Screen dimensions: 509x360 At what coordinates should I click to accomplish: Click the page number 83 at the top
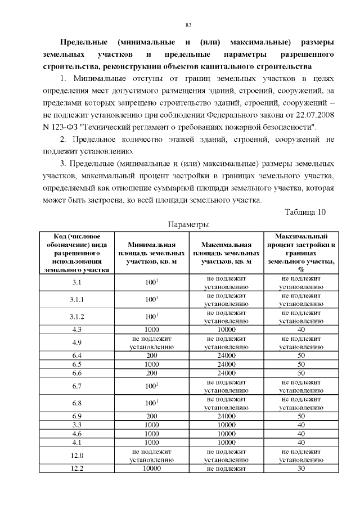tap(188, 24)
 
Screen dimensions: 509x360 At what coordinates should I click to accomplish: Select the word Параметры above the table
tap(189, 224)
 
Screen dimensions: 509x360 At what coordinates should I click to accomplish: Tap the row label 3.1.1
tap(77, 299)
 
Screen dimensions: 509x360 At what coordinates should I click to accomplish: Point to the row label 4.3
tap(77, 329)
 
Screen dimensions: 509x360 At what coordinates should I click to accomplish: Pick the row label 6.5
tap(77, 364)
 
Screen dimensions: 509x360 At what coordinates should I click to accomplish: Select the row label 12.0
tap(77, 455)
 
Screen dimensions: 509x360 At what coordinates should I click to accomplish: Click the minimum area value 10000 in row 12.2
tap(151, 469)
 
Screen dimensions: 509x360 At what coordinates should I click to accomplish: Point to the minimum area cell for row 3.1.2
tap(151, 317)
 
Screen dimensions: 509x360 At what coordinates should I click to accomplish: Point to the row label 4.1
tap(77, 442)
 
